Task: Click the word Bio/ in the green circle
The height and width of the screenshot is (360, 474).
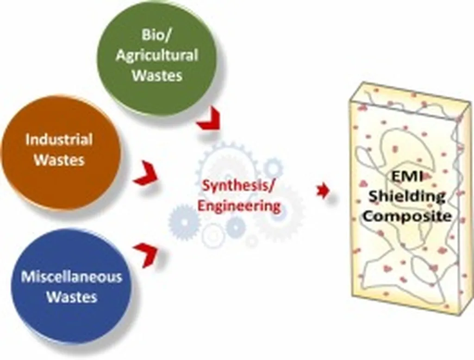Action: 156,36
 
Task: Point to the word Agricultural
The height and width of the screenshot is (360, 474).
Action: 156,56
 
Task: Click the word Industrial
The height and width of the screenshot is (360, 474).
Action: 59,140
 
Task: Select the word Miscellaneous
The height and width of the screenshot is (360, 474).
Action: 72,277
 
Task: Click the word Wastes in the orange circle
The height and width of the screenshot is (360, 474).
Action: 60,160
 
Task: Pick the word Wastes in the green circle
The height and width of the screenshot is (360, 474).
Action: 156,75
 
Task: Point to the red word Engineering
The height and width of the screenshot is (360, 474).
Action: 239,205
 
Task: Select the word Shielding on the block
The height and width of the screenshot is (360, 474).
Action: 406,196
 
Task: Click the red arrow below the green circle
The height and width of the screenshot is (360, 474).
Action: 208,121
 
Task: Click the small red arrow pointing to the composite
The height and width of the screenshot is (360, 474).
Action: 323,191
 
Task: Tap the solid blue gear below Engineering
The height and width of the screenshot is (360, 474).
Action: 183,222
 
